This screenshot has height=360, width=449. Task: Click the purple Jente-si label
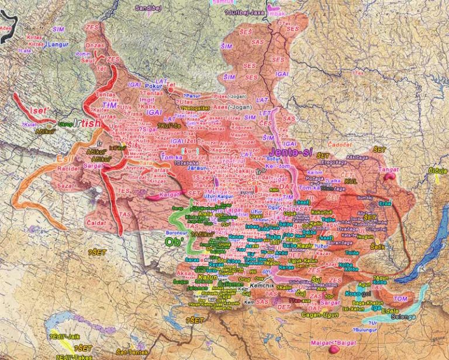coord(293,151)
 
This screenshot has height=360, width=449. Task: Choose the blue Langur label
coord(58,44)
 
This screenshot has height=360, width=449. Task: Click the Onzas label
coord(95,45)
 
